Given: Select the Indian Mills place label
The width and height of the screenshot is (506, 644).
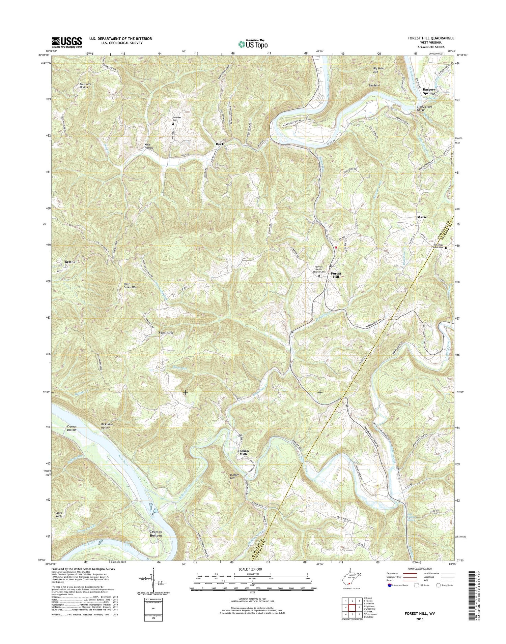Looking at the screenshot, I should [243, 452].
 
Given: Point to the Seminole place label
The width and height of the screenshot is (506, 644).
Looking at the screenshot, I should [166, 332].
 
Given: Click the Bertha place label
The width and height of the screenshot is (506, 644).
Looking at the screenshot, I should [70, 262].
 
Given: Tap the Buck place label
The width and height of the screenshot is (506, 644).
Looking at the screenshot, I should [220, 144].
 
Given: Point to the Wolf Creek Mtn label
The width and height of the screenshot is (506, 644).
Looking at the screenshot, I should [130, 286].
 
